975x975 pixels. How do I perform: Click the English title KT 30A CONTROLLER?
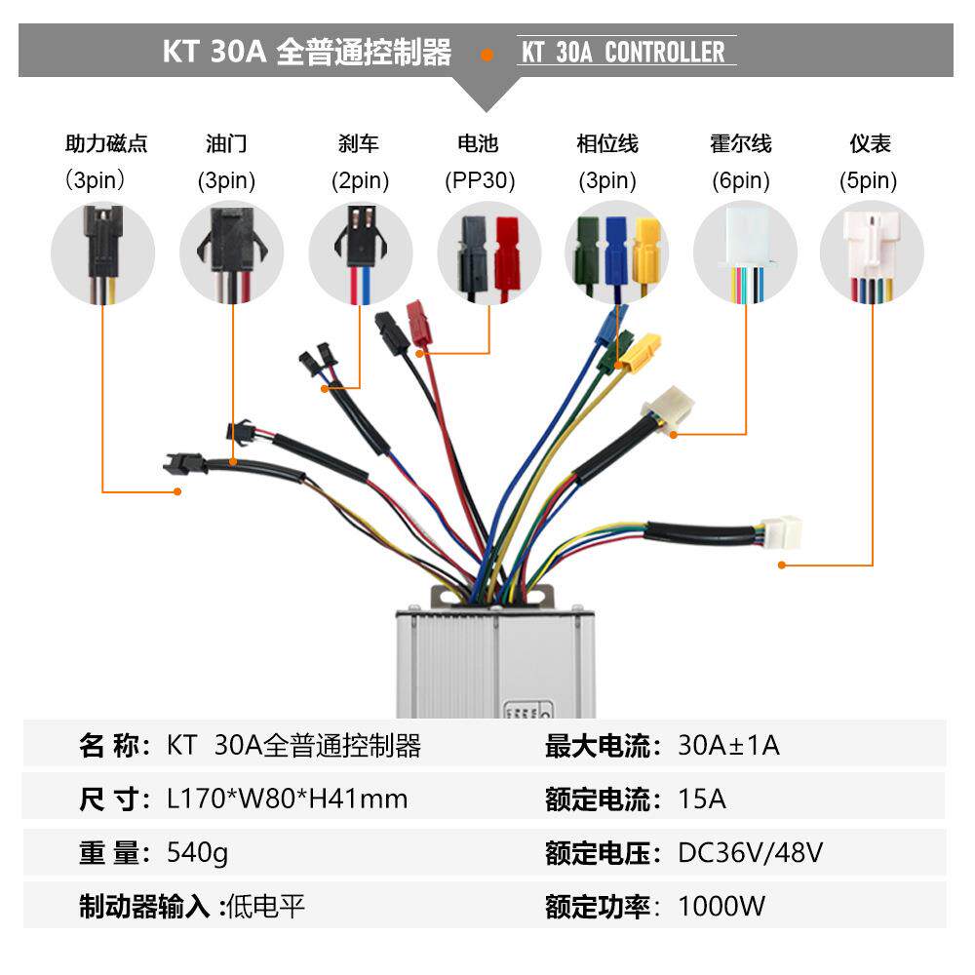coord(624,52)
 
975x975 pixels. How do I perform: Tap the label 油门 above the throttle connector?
coord(226,144)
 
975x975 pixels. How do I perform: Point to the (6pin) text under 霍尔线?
coord(740,180)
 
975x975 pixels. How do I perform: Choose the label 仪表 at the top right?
coord(870,144)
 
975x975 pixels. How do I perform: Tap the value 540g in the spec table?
coord(198,853)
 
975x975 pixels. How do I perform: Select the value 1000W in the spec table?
coord(721,906)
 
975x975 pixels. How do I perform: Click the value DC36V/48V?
coord(751,853)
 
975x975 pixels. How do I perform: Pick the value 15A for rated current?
coord(702,799)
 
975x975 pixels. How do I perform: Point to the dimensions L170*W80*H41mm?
coord(288,799)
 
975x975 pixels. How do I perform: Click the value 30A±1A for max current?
coord(728,747)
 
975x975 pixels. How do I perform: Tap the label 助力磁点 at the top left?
coord(106,144)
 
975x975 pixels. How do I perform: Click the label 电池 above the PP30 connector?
coord(478,144)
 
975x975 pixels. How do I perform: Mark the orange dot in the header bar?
coord(487,54)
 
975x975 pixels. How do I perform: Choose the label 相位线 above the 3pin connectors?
coord(606,144)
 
